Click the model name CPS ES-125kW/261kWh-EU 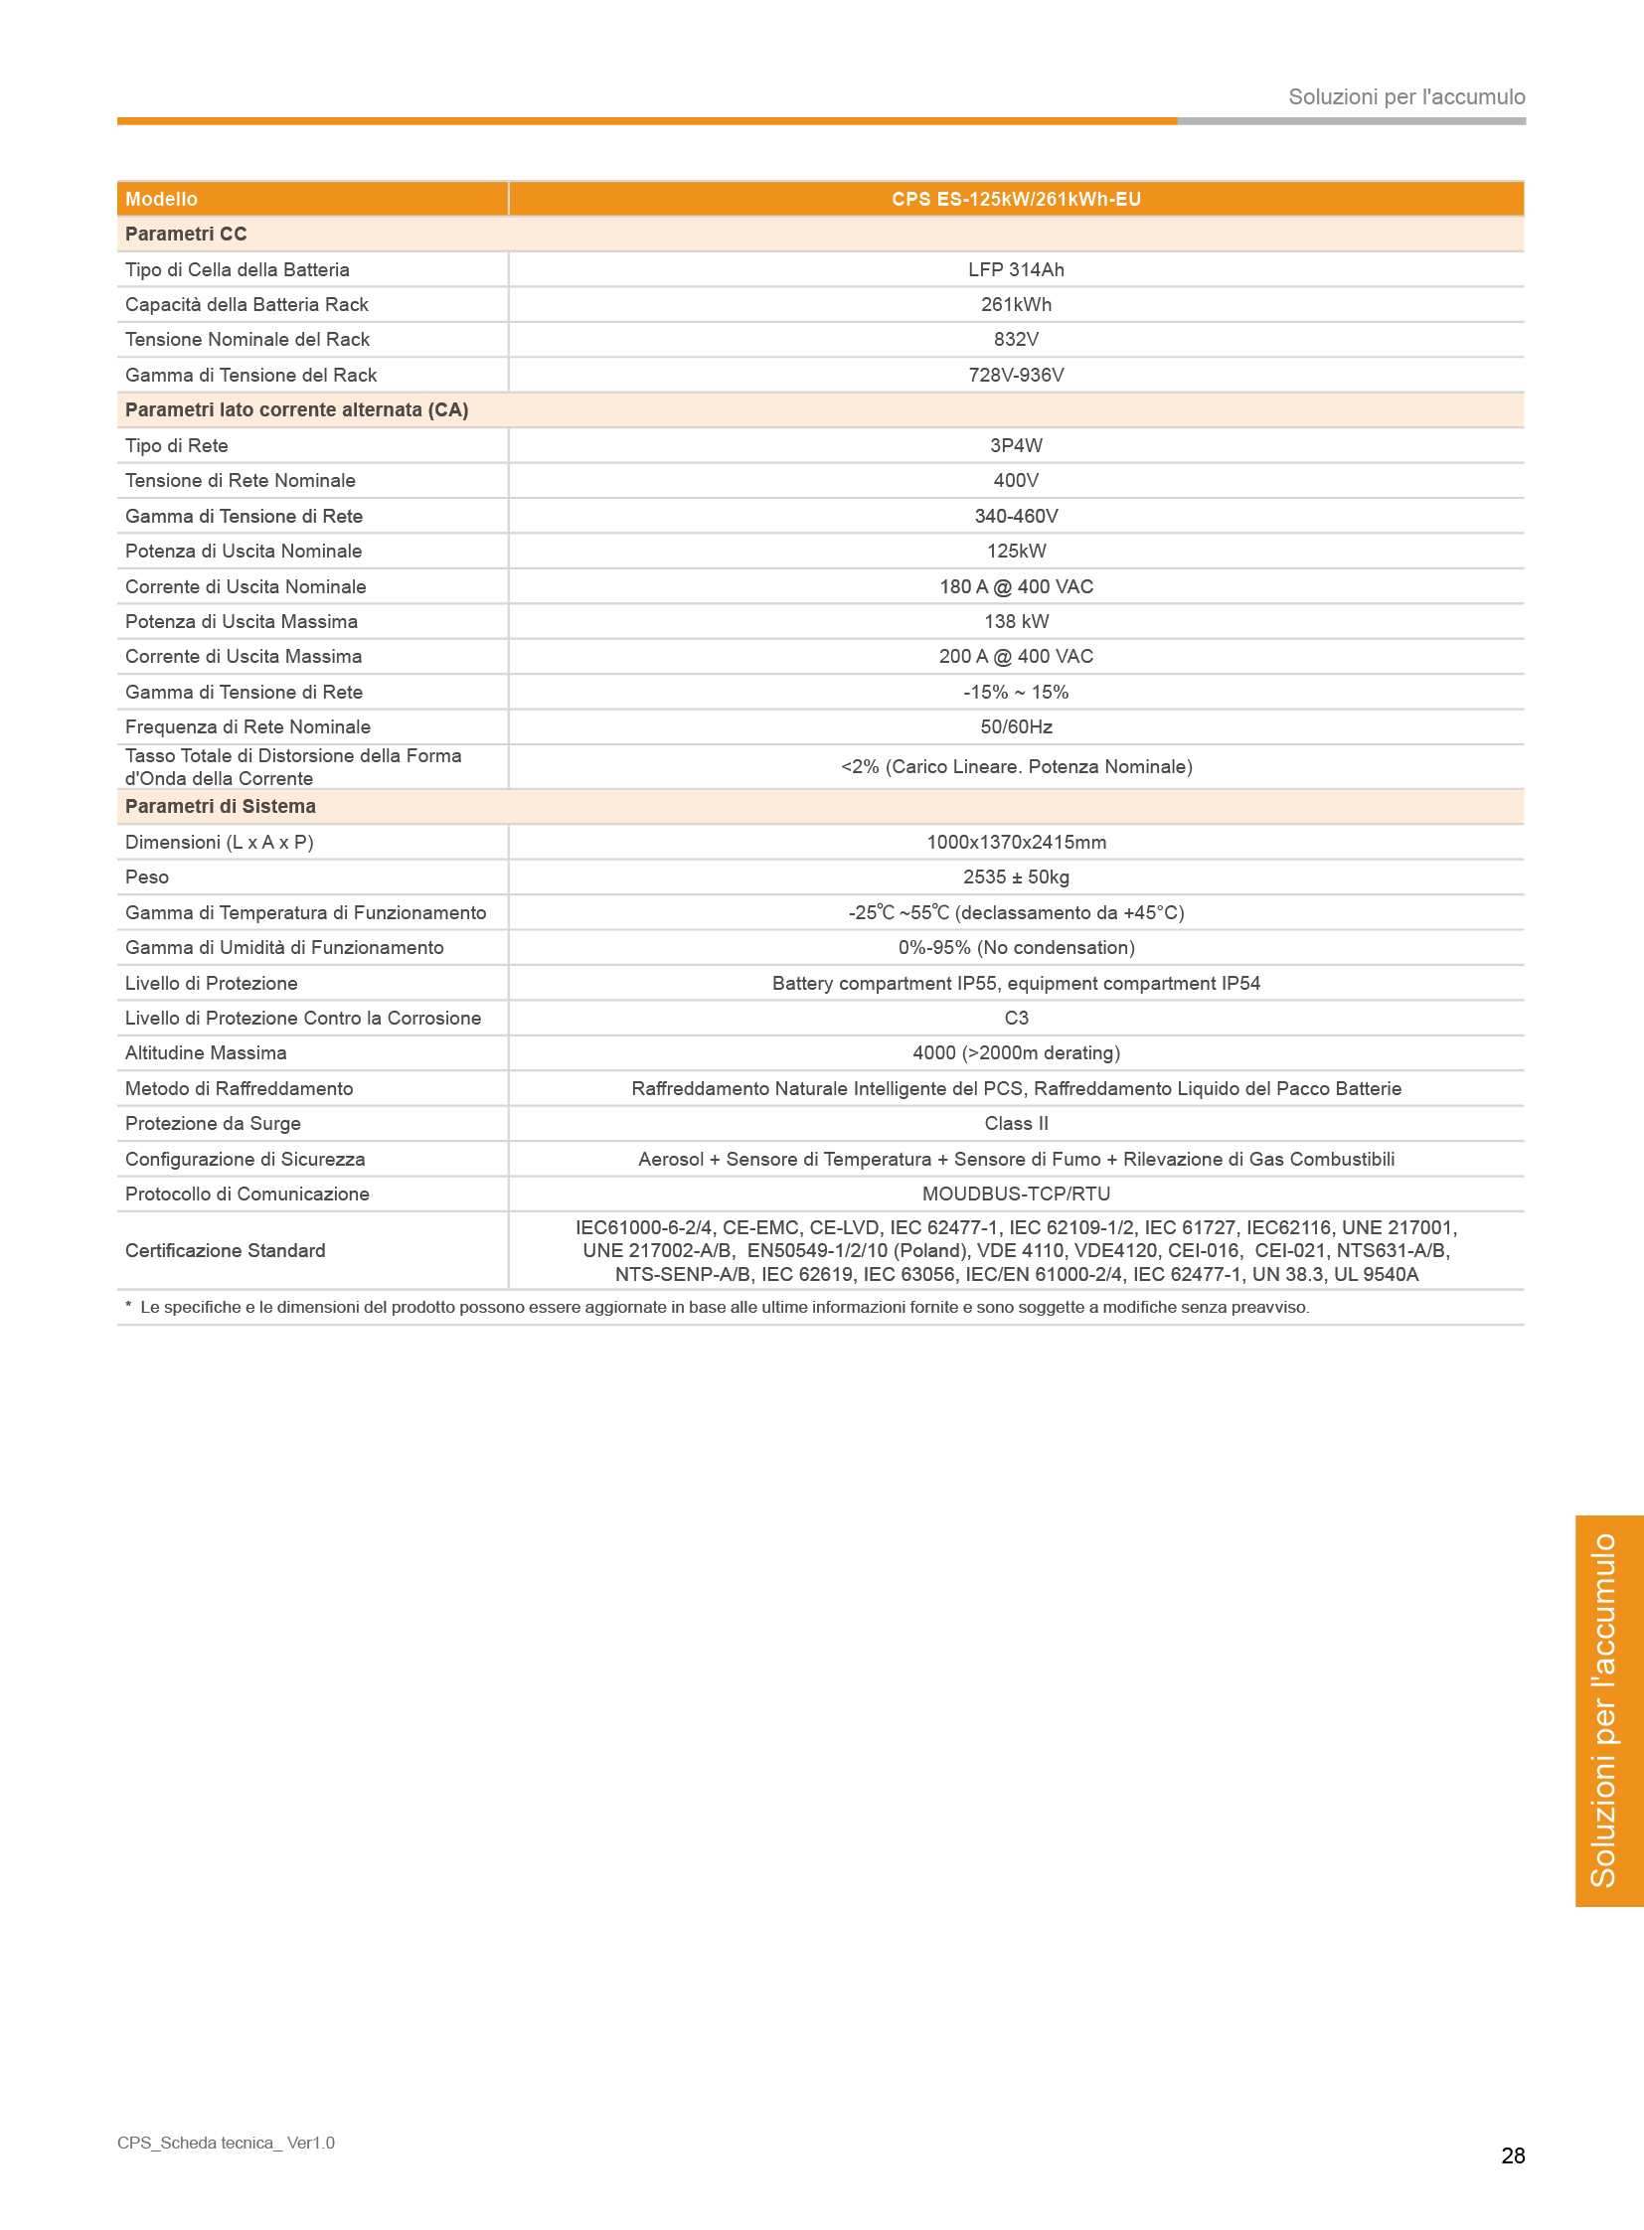point(1015,199)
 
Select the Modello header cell point(161,199)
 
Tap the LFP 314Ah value point(1015,269)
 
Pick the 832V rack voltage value point(1015,339)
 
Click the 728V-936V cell point(1015,376)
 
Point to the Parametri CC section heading point(186,234)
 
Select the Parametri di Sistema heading point(220,806)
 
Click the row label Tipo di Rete point(176,446)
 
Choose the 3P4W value point(1015,446)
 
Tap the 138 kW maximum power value point(1015,621)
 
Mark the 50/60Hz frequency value point(1015,726)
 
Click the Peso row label point(147,876)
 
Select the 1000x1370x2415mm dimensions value point(1015,842)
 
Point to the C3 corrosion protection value point(1015,1018)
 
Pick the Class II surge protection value point(1015,1124)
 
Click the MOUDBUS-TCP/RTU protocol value point(1015,1195)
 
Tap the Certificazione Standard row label point(225,1251)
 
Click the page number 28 point(1512,2155)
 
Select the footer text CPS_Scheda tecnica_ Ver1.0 point(226,2143)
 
